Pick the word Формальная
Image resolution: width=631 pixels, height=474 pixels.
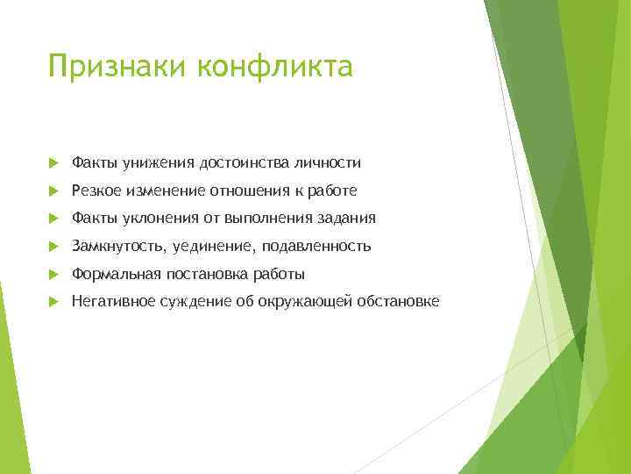[110, 274]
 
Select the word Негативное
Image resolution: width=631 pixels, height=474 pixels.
[110, 302]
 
